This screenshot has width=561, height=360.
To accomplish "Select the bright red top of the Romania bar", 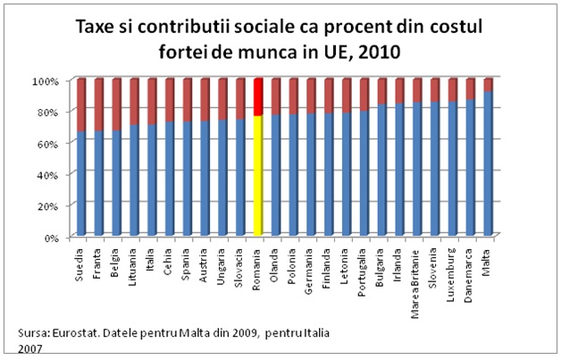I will [x=258, y=96].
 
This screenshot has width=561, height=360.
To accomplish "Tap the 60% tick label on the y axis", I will [x=46, y=143].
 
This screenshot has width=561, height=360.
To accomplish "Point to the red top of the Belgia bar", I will [x=116, y=104].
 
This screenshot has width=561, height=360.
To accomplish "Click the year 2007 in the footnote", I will [x=29, y=347].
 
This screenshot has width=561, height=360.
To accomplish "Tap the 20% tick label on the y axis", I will [x=46, y=205].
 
